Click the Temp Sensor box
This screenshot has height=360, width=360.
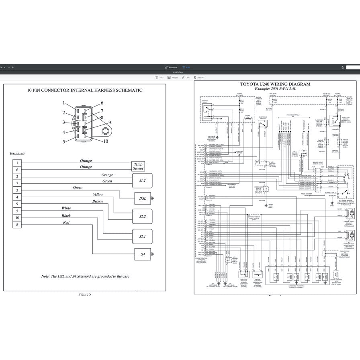[138, 166]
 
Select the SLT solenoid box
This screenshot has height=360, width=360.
[142, 181]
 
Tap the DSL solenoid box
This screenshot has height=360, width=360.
[142, 198]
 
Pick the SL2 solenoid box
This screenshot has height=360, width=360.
[142, 216]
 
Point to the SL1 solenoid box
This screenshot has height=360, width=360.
[142, 236]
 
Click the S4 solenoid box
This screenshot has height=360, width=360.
[142, 254]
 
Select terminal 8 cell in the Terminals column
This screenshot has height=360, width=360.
[17, 225]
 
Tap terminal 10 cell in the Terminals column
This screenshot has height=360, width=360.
[17, 218]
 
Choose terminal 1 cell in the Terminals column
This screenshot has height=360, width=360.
[17, 163]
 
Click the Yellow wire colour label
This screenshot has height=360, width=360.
[98, 194]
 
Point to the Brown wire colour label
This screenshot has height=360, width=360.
[97, 201]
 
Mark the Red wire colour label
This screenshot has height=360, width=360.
[66, 222]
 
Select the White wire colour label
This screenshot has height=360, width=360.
[66, 208]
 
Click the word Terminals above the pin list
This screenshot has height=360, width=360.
[17, 153]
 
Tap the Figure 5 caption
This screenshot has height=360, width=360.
[84, 294]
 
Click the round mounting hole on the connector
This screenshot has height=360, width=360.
[106, 131]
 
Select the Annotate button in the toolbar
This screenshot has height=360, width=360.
[171, 67]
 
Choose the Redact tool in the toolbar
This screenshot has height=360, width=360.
[199, 78]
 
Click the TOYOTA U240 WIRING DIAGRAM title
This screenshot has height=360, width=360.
[275, 84]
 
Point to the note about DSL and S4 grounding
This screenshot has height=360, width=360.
[85, 276]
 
